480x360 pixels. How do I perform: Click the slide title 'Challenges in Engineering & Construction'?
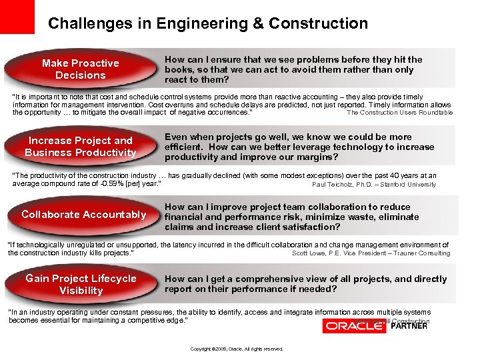pos(207,24)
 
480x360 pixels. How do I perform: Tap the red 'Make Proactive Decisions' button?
pos(80,69)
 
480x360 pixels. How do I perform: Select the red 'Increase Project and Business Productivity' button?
pos(80,146)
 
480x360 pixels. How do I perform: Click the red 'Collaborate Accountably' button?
pos(83,214)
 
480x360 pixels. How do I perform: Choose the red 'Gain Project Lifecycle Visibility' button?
pos(81,284)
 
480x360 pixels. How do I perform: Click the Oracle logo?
pos(354,325)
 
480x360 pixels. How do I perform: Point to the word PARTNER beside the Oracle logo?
pos(409,326)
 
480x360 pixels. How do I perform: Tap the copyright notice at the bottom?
pos(237,349)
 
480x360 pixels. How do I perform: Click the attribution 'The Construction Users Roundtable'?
pos(399,113)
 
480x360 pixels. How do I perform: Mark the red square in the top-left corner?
pos(17,17)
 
